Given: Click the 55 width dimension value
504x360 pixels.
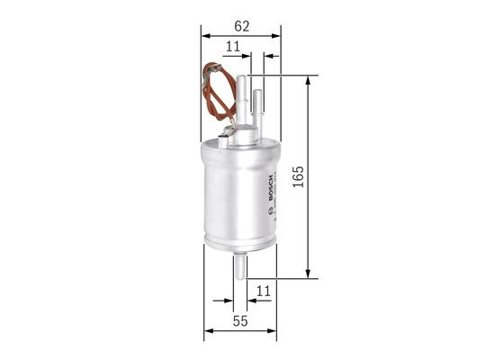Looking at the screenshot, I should pos(240,320).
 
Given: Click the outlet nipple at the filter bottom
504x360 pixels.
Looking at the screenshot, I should pos(242,265).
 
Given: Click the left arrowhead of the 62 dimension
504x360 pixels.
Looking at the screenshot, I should pos(206,34).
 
